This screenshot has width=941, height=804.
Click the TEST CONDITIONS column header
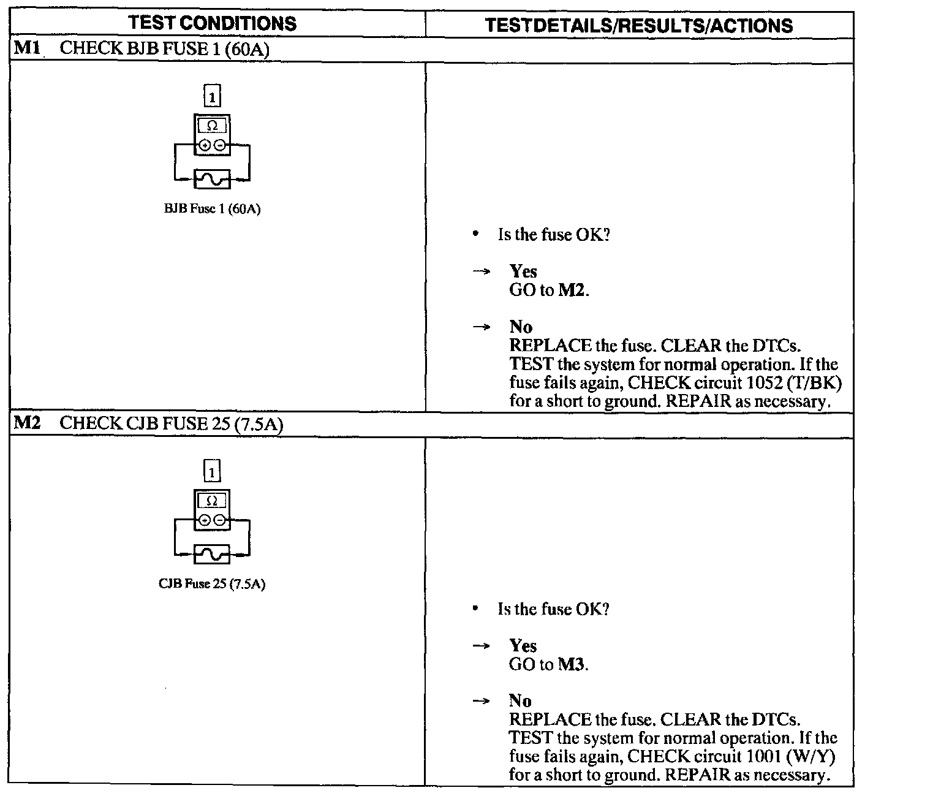(213, 23)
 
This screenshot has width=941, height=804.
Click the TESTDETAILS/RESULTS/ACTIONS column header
(638, 25)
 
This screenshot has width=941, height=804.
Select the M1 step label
(26, 48)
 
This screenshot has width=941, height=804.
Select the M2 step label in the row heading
(26, 423)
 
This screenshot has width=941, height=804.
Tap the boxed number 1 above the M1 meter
(212, 97)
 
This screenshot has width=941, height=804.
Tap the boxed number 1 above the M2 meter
(212, 472)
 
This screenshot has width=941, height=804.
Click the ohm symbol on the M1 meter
(212, 126)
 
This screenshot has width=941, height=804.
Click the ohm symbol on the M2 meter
(212, 501)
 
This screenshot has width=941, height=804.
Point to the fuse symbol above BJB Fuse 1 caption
(212, 179)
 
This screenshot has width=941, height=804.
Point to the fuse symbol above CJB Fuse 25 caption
(212, 554)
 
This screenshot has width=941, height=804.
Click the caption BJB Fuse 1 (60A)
(212, 210)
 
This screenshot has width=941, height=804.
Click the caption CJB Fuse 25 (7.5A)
(212, 584)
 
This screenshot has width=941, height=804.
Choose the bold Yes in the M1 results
(523, 271)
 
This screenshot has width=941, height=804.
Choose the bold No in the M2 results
(520, 700)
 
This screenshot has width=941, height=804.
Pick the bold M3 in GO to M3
(571, 664)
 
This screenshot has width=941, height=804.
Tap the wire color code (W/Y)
(814, 757)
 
